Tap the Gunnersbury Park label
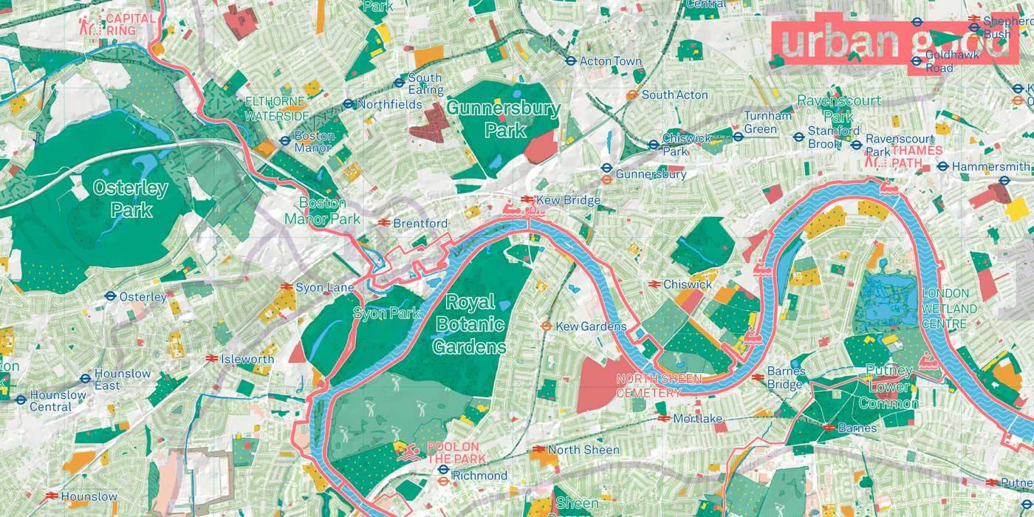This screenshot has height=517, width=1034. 504,120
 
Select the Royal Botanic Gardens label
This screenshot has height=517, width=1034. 470,324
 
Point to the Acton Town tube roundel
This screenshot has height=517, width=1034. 571,61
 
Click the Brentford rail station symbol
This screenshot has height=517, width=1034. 384,222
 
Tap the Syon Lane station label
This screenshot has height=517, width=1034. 325,287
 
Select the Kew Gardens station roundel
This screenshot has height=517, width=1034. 547,326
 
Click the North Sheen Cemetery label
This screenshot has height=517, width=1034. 648,386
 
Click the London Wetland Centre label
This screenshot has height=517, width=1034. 949,309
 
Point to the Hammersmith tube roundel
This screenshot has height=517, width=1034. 942,166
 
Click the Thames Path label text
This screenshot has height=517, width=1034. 916,156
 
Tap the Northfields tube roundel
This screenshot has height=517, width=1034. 349,104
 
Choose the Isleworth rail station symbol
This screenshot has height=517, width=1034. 210,359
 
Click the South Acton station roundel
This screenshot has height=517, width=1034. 631,95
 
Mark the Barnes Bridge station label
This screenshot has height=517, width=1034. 784,377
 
